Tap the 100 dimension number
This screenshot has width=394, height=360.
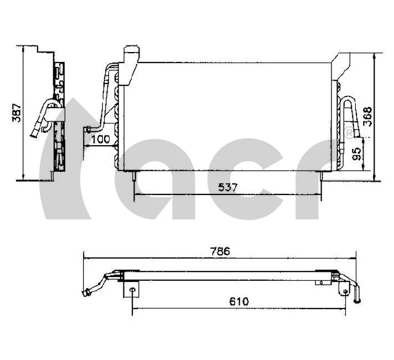100,140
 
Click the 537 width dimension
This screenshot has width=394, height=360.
227,187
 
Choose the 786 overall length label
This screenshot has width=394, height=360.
220,251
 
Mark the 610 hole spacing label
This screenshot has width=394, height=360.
239,301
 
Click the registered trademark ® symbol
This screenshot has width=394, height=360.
348,133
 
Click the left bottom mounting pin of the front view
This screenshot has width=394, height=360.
134,176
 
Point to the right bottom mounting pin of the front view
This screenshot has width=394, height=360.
322,176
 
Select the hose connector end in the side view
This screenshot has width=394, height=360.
34,132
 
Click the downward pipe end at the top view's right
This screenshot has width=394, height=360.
357,299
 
